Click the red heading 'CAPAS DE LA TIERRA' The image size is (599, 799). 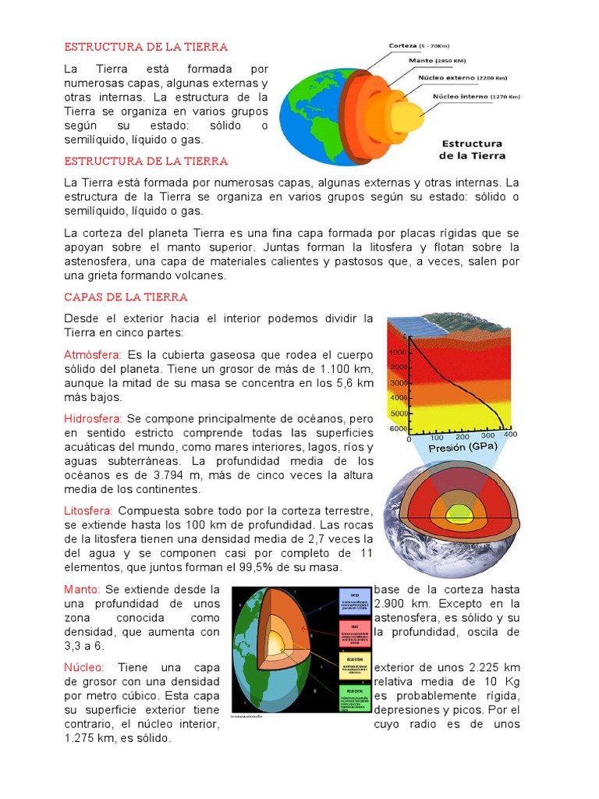(x=126, y=297)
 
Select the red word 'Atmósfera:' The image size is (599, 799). (x=93, y=354)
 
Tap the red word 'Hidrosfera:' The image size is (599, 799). (x=93, y=419)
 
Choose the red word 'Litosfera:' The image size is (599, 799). (x=88, y=510)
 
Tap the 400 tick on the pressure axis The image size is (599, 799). (x=510, y=435)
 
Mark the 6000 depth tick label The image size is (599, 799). (x=399, y=429)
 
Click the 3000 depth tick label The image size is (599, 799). (x=399, y=383)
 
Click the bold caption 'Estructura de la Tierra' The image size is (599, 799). (x=473, y=149)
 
